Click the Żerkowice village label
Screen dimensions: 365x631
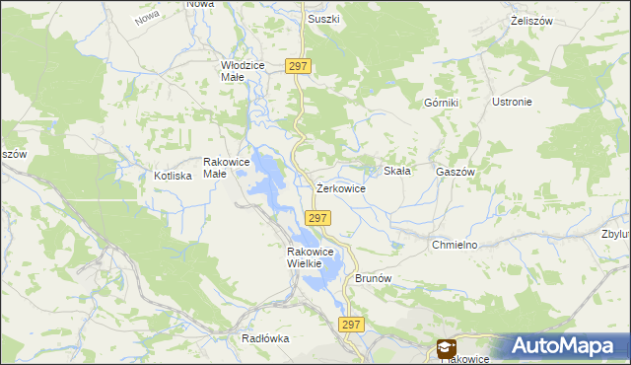341,187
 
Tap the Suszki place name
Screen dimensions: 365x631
323,19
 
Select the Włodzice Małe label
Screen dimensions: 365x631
243,70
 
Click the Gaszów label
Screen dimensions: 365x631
456,171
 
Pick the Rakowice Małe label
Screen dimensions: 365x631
215,167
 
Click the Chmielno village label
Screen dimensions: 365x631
455,244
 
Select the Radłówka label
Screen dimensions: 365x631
265,338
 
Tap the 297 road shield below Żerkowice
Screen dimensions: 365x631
316,217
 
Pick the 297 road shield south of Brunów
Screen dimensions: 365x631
352,324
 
